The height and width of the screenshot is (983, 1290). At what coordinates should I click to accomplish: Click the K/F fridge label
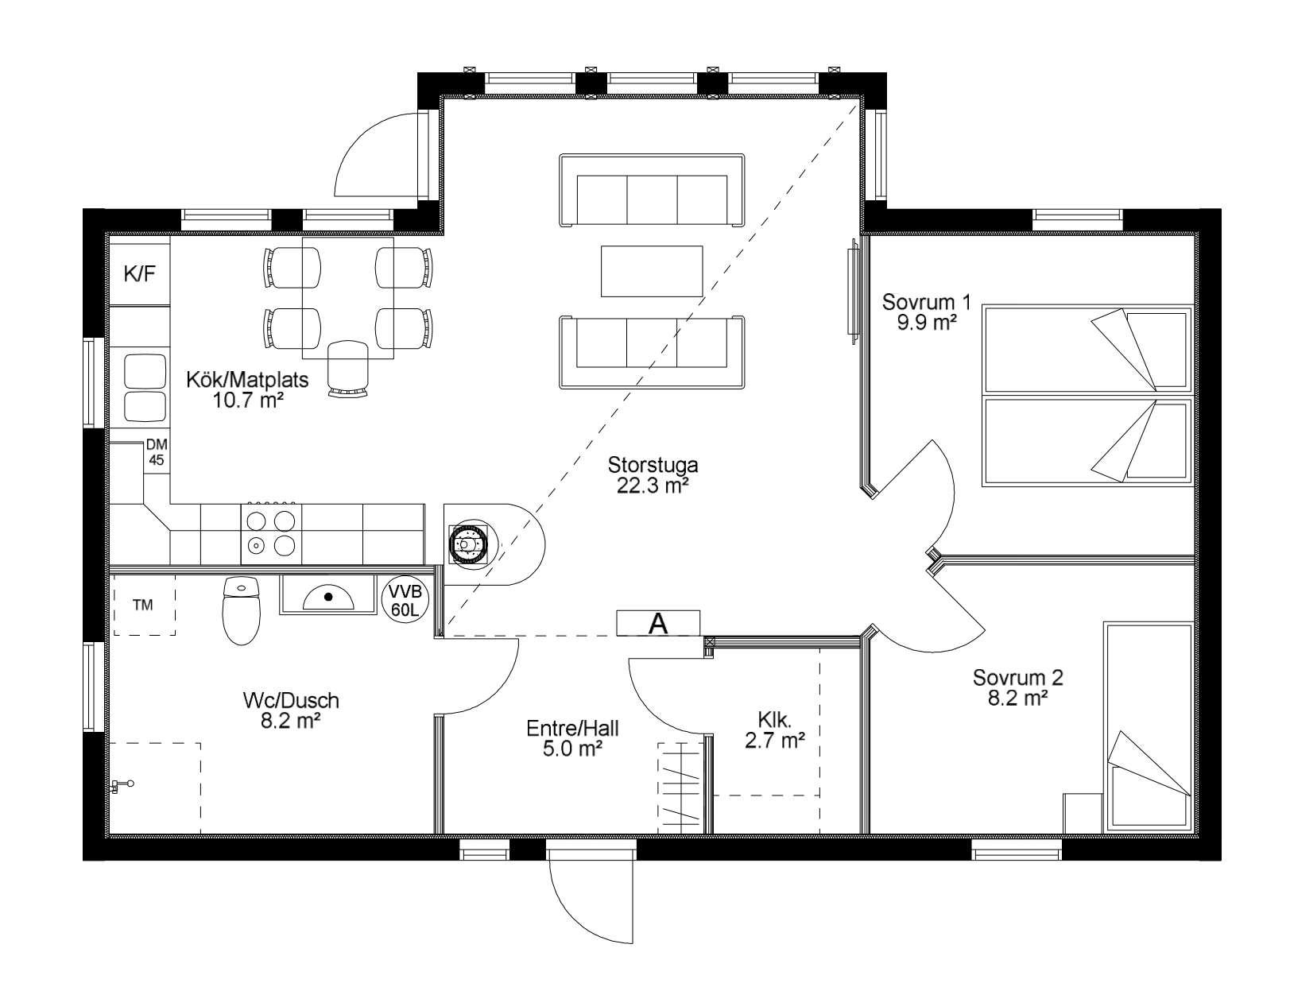[139, 273]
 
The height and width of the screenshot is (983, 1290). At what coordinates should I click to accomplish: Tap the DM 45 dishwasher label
[157, 452]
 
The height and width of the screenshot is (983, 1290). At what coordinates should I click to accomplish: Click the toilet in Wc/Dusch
[241, 610]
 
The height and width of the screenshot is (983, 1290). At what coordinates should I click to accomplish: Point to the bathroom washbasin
[328, 594]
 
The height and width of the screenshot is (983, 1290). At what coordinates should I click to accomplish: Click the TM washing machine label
[143, 605]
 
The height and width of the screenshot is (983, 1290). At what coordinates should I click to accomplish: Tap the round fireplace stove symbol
[468, 544]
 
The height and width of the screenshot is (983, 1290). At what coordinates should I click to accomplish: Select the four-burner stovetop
[271, 534]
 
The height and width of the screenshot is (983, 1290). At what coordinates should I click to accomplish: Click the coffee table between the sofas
[651, 271]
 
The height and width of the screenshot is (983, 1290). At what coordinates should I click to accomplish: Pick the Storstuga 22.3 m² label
[653, 475]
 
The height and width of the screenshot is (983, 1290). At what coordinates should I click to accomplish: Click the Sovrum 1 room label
[926, 302]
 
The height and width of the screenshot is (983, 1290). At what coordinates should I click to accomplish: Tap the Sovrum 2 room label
[1018, 678]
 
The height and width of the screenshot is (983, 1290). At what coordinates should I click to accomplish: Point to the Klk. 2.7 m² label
[775, 730]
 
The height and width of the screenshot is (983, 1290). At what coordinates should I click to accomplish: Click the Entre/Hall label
[572, 729]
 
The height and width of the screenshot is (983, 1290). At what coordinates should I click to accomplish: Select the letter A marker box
[658, 623]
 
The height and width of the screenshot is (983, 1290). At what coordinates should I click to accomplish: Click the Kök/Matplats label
[247, 380]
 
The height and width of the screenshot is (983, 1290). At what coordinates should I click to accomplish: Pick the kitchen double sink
[145, 388]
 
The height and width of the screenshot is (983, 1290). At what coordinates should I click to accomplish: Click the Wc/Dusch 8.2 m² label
[291, 710]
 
